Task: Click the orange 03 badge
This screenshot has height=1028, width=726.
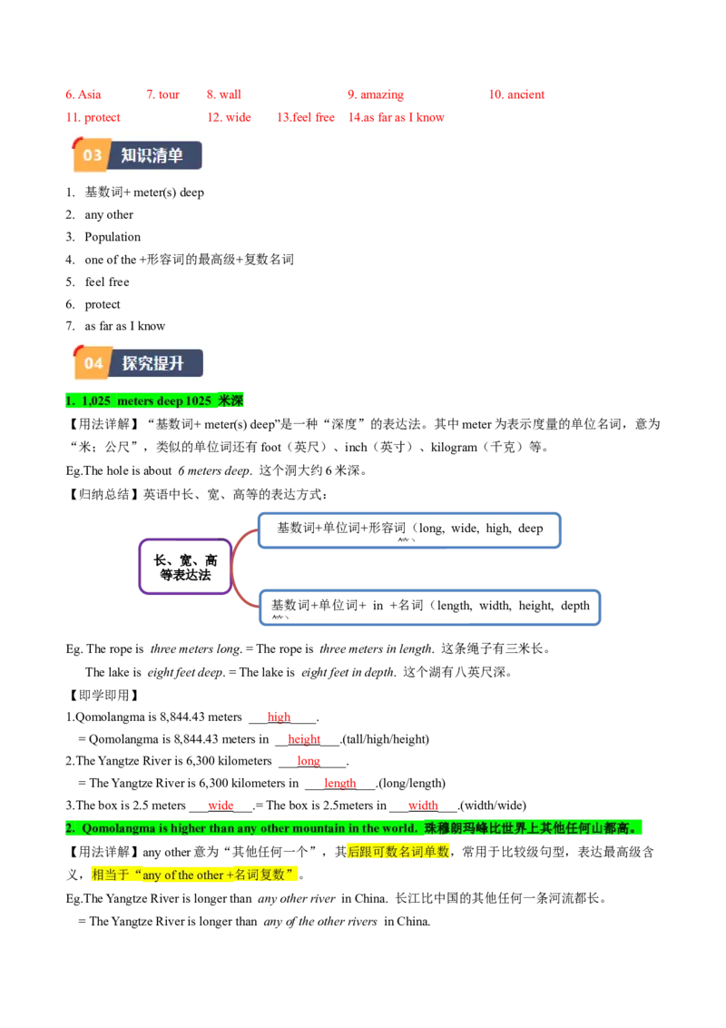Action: coord(93,155)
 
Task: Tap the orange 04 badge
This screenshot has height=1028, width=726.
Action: coord(93,363)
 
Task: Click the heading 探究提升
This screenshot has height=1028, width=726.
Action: coord(153,363)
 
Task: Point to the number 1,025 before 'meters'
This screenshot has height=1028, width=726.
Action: coord(96,400)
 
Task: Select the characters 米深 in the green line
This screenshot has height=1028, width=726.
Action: coord(231,400)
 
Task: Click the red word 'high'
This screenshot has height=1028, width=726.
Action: coord(277,716)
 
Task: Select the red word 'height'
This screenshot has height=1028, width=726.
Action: coord(304,738)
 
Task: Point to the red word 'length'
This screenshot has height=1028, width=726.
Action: coord(339,782)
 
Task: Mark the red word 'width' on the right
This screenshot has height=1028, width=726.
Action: coord(424,804)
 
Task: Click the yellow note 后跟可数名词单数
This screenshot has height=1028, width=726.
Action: coord(398,852)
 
